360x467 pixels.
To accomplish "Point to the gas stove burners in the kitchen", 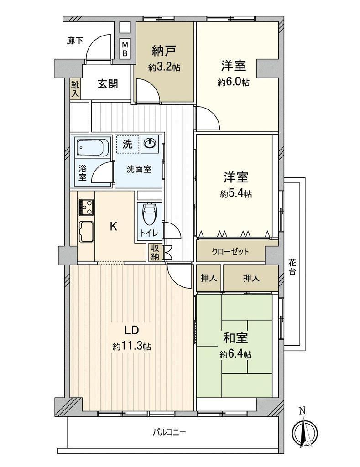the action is tap(86, 207).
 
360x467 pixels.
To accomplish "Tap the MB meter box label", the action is tap(125, 49).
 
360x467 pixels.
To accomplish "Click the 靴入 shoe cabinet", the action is tap(75, 89).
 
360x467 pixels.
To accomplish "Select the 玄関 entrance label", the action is tap(108, 84).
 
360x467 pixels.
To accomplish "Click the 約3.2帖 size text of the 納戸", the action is tap(164, 67).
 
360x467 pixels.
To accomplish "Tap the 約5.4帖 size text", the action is tap(236, 194).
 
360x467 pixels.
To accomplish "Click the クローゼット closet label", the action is tap(230, 252).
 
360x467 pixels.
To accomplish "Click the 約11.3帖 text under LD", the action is tap(131, 347).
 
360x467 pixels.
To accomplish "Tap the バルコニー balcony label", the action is tap(169, 432).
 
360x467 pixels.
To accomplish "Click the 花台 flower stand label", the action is tap(292, 267).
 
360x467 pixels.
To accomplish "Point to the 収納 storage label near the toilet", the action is tap(155, 253).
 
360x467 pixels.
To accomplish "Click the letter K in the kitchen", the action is tap(114, 227).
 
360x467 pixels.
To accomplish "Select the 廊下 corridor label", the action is tap(75, 41).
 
